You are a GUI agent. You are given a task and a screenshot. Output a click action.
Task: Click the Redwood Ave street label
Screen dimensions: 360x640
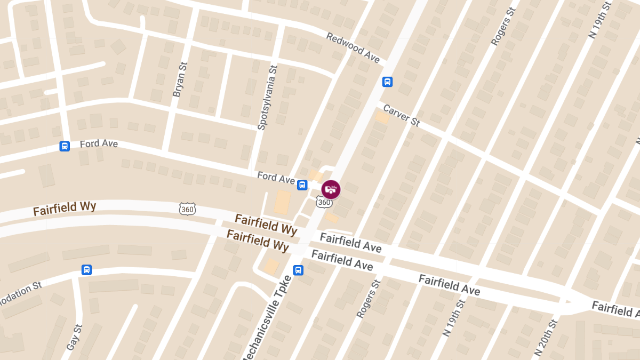(x=353, y=48)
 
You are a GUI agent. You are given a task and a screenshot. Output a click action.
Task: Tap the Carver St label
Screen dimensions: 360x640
(x=402, y=115)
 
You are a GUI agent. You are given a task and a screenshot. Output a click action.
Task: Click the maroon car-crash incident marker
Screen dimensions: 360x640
(x=331, y=189)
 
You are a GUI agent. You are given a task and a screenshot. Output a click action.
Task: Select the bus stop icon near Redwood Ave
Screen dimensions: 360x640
(x=387, y=82)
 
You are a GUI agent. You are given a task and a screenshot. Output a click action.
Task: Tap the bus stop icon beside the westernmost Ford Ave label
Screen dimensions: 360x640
(x=65, y=146)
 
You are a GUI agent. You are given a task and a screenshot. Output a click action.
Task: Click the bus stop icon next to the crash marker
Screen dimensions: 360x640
(x=302, y=185)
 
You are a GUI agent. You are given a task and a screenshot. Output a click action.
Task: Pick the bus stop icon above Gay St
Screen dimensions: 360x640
(x=86, y=270)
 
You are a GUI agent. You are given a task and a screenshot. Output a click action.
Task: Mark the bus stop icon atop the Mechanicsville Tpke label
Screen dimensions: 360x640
(x=298, y=270)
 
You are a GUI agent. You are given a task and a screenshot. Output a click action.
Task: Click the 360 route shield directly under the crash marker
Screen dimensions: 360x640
(x=324, y=202)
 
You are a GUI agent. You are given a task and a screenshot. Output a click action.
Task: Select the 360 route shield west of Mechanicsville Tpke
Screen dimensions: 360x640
(x=187, y=209)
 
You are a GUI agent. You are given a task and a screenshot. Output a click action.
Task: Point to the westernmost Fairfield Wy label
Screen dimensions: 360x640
(x=64, y=208)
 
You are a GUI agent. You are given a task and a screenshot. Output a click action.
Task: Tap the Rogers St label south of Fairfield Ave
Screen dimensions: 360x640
(x=369, y=299)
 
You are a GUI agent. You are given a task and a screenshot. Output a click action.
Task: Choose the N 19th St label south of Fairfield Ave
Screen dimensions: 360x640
(x=454, y=317)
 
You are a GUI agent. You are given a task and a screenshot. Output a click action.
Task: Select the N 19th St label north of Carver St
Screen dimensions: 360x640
(x=599, y=20)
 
